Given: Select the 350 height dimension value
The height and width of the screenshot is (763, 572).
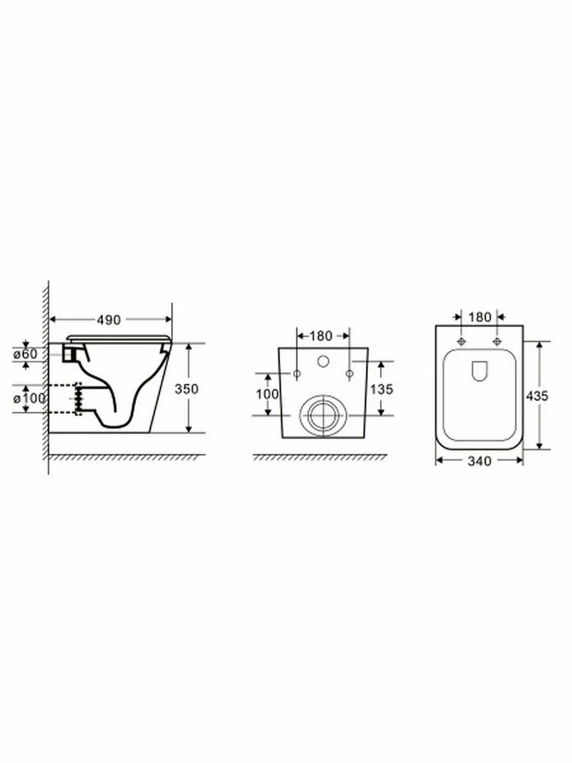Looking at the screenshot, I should (x=200, y=388).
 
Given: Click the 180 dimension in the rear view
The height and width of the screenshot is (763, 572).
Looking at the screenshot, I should (x=322, y=335).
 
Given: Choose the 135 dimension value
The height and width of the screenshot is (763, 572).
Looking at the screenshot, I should (x=381, y=388).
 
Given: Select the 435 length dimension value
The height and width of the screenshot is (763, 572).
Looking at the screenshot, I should (x=538, y=395).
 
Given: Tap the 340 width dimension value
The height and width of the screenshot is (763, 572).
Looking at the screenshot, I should (x=479, y=461).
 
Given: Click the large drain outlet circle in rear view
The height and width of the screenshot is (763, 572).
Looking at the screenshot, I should (x=323, y=415).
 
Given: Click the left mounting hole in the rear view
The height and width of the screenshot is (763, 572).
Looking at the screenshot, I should (x=297, y=373).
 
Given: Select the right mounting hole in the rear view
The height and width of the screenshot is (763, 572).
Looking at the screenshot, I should (x=349, y=373).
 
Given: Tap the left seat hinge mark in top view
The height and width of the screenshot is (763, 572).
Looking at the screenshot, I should (x=461, y=342).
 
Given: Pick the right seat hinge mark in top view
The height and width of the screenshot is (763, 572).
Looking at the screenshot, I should (x=497, y=342).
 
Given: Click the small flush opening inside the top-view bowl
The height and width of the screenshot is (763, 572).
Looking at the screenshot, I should (x=479, y=371).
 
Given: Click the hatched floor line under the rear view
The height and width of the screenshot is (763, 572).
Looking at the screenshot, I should (x=320, y=458).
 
